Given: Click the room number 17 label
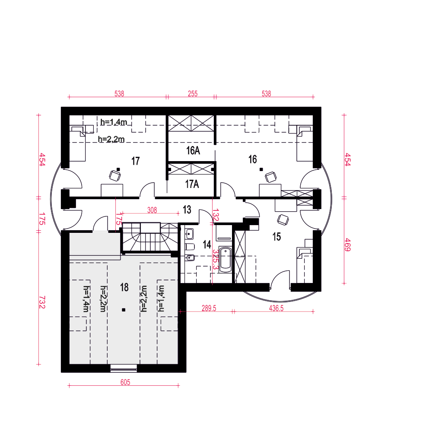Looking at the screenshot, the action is point(136,161).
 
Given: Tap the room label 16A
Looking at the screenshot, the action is point(193,150).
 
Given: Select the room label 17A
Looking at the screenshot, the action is point(192,184).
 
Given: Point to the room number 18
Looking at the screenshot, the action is point(124,287).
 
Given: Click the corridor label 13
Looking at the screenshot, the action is point(187,210).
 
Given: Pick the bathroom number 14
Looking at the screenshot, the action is point(207,245).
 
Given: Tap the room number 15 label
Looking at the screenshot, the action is point(276,237).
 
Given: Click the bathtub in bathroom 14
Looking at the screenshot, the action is point(226,260).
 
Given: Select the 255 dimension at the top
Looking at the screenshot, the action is point(193,94).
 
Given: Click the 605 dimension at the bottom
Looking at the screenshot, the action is point(125,382).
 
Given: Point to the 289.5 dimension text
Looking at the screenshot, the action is point(209,308).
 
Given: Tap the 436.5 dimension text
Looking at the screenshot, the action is point(276,308).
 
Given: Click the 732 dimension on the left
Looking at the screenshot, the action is point(42,302).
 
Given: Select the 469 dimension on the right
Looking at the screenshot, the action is point(347,245).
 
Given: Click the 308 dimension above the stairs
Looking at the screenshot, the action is point(152,210).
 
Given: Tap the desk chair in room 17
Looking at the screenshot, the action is point(115,175).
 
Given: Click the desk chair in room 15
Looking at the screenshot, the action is point(283,220).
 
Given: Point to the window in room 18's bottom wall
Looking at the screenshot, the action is point(124,368).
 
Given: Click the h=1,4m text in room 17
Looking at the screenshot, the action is point(114,122).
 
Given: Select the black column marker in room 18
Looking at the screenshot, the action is point(124,310).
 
